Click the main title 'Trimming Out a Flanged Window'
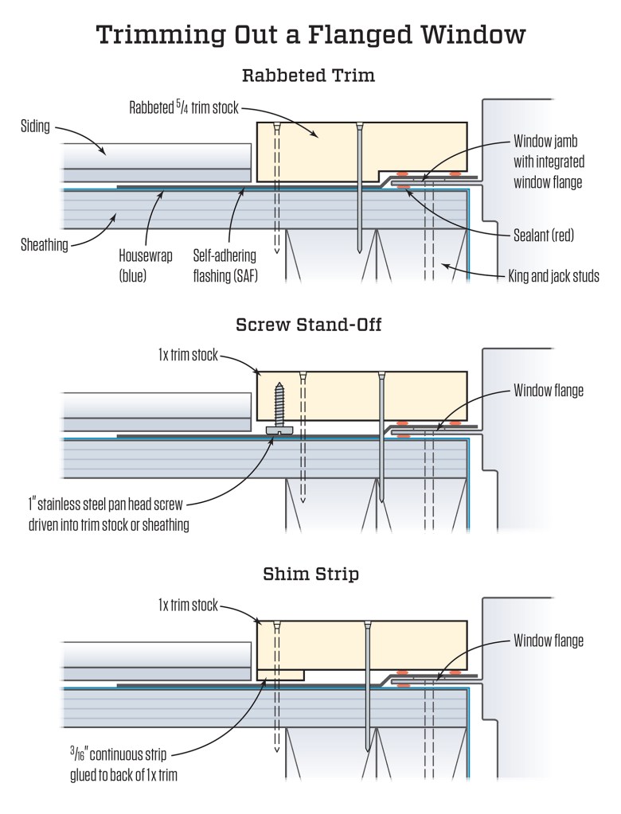click(310, 36)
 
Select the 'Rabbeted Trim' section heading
click(308, 76)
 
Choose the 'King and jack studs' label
click(554, 275)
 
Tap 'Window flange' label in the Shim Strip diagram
click(548, 641)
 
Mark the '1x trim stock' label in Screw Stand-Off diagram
click(189, 356)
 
